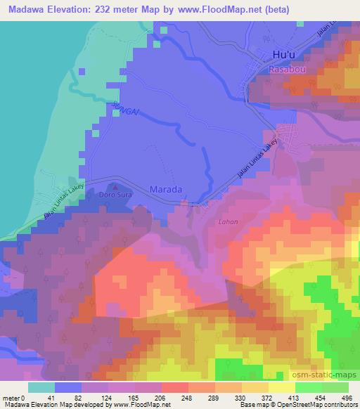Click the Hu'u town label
pos(283,55)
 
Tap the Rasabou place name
pos(283,70)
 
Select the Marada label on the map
pos(167,189)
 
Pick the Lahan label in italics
pos(228,222)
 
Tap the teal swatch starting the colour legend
pos(41,387)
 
